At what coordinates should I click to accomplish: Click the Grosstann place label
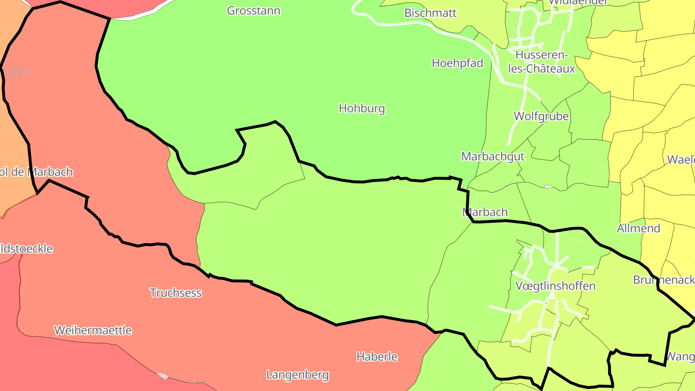click(253, 11)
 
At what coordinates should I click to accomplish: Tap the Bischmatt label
click(430, 13)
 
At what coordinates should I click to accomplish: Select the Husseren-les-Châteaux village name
click(542, 62)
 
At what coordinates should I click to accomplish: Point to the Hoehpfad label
click(457, 63)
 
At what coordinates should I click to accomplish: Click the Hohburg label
click(361, 108)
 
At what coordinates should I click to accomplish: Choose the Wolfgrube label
click(541, 116)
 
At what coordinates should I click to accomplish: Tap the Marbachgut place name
click(493, 156)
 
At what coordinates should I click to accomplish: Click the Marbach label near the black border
click(485, 212)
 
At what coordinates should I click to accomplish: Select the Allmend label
click(638, 228)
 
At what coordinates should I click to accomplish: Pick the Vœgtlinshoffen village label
click(555, 286)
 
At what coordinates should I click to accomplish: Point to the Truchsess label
click(175, 293)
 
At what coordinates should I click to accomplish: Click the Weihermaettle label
click(93, 331)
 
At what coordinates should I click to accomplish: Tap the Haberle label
click(376, 357)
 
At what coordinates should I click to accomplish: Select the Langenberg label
click(297, 375)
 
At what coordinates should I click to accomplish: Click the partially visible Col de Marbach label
click(36, 172)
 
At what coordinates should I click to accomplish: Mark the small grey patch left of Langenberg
click(163, 376)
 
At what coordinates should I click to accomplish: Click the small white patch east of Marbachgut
click(549, 186)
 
